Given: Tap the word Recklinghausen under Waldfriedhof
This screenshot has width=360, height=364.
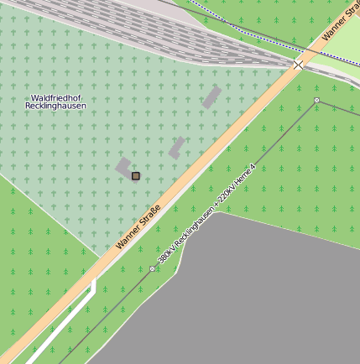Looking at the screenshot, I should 55,107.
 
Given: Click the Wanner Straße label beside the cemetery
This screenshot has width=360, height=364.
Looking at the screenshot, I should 138,227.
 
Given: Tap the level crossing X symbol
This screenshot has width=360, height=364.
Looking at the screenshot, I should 298,65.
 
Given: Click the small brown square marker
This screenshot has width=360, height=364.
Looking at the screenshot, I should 135,176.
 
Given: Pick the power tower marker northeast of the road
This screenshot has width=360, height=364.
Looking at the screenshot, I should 316,101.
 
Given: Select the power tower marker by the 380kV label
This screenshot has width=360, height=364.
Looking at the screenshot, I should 152,268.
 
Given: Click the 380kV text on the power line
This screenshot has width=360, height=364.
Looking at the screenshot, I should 167,255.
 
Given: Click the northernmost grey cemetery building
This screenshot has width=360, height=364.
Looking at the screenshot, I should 211,96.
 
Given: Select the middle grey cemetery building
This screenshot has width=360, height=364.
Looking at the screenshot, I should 177,148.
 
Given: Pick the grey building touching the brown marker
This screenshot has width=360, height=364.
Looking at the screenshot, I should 123,167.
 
